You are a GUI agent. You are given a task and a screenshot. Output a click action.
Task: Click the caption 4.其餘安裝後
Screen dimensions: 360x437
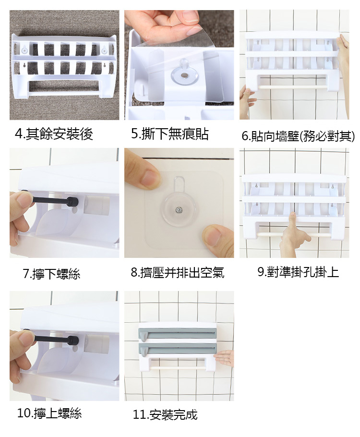54,134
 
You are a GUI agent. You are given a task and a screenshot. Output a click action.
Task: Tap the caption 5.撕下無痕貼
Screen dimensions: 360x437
170,134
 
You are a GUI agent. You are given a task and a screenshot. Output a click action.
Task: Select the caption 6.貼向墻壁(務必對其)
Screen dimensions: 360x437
298,136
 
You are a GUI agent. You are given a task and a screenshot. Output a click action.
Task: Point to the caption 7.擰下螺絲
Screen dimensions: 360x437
51,274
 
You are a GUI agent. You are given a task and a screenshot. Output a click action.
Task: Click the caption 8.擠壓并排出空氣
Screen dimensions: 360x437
178,272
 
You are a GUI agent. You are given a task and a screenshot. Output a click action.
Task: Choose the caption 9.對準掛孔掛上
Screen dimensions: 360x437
298,272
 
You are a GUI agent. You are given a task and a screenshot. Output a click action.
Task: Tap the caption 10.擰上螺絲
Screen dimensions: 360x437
49,413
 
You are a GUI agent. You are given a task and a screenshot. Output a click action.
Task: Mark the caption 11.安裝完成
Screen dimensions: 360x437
165,414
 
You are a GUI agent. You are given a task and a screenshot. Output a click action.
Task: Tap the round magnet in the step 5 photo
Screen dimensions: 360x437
184,75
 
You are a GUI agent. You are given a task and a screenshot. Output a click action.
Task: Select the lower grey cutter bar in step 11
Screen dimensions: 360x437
178,349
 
